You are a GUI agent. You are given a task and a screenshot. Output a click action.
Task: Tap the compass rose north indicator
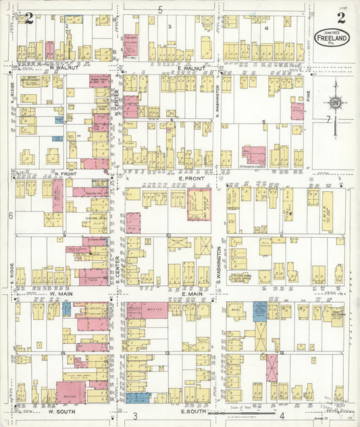[x=334, y=103]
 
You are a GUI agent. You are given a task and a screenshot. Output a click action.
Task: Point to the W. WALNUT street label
[x=64, y=68]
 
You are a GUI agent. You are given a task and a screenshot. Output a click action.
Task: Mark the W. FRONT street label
[x=65, y=174]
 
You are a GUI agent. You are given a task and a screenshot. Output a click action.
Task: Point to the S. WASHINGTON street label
[x=219, y=263]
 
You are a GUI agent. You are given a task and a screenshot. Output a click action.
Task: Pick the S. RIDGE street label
[x=11, y=270]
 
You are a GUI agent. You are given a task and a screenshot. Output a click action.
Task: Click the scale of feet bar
[x=241, y=411]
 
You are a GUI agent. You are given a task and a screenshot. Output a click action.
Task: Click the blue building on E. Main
[x=260, y=311]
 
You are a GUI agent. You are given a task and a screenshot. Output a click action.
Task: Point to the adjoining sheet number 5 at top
[x=161, y=9]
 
